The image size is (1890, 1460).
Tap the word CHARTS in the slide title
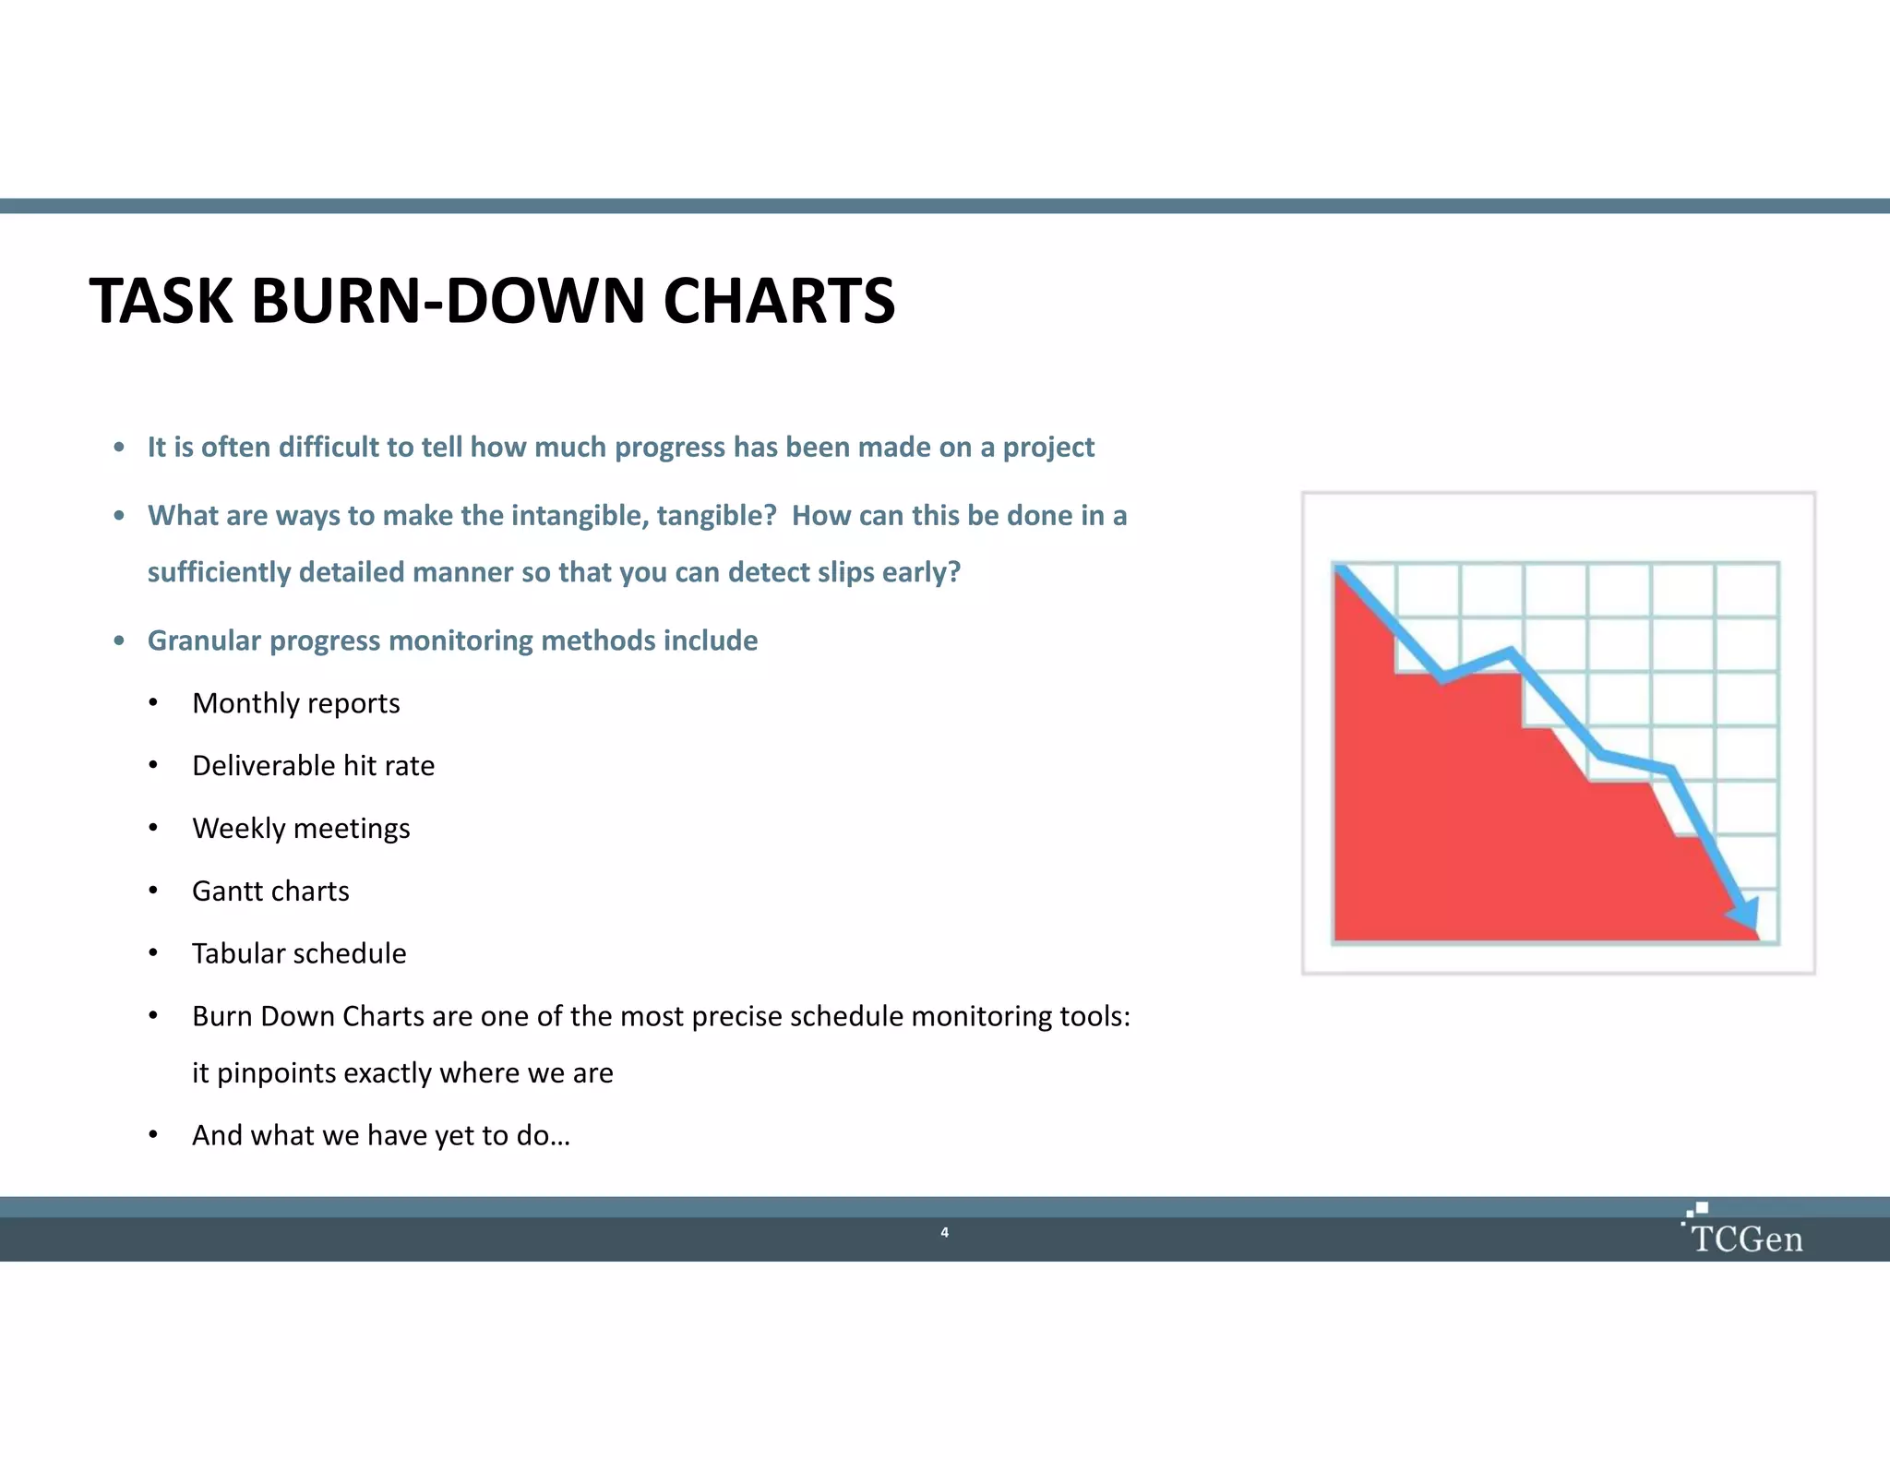[x=779, y=302]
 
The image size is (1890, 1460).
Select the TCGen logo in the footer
[x=1744, y=1232]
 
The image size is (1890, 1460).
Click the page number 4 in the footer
[x=944, y=1232]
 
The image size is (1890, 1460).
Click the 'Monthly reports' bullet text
[x=295, y=703]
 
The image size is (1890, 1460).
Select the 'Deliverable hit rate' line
[x=313, y=766]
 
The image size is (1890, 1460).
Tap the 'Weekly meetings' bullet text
[x=301, y=829]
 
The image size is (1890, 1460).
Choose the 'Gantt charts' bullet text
[x=270, y=892]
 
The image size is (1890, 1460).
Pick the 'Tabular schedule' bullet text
[x=299, y=953]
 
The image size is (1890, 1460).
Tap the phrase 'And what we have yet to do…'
[x=380, y=1135]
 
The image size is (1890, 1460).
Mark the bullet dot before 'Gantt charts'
[x=153, y=891]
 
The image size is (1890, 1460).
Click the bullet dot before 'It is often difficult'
[x=119, y=449]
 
